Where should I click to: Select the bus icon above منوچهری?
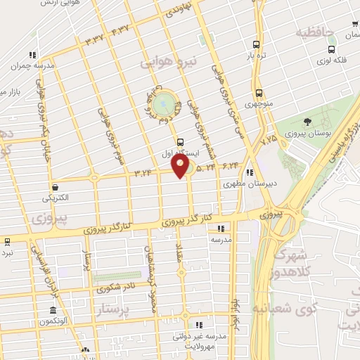tap(259, 93)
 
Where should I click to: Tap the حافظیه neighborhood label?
tap(313, 32)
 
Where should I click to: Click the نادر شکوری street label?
tap(117, 288)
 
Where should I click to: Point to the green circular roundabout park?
tap(164, 104)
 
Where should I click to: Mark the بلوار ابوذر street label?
tap(236, 314)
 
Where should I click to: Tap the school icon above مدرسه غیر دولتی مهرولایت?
tap(199, 325)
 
